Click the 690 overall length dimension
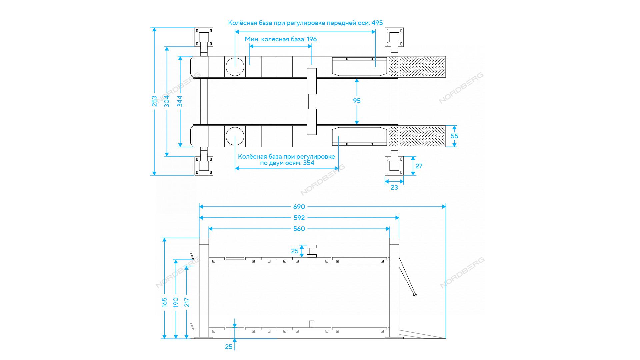tap(299, 207)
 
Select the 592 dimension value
tap(299, 218)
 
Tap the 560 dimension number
tap(299, 229)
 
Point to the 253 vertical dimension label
tap(154, 101)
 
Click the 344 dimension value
tap(180, 101)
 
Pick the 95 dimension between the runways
tap(357, 101)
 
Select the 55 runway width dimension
tap(454, 136)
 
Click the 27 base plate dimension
tap(419, 166)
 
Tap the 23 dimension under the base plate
tap(394, 188)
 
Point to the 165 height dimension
tap(164, 302)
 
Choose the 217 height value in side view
tap(187, 302)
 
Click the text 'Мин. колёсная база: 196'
tap(281, 39)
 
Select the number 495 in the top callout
tap(377, 23)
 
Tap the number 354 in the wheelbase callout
tap(309, 163)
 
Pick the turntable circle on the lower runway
tap(235, 136)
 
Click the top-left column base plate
tap(204, 37)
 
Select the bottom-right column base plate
tap(394, 166)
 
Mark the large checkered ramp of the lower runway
tap(422, 136)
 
